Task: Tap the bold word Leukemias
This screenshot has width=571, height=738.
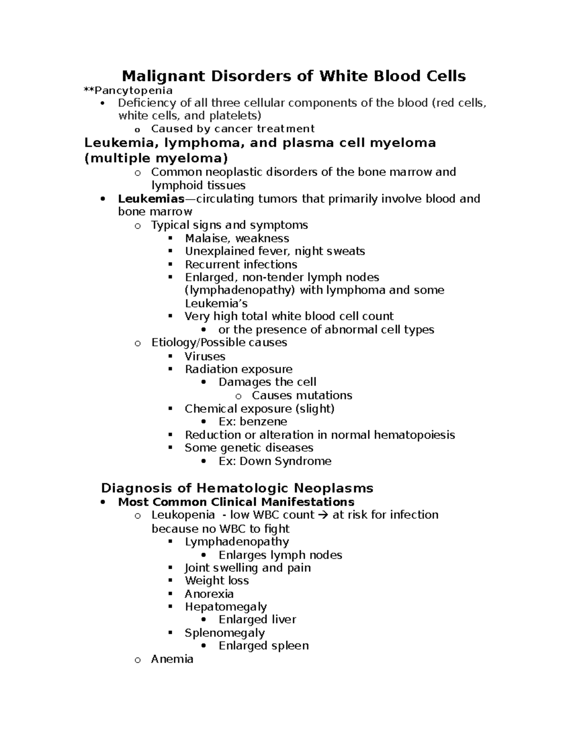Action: click(151, 199)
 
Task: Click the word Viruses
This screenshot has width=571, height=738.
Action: click(205, 356)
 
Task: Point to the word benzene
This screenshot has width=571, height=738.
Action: click(263, 422)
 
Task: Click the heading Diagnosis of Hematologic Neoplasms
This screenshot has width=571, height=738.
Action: click(237, 488)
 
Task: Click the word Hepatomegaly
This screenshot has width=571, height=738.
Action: click(226, 607)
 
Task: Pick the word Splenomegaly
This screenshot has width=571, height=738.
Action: click(225, 633)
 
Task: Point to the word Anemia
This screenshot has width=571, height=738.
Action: click(172, 659)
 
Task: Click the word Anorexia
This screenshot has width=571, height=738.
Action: click(209, 594)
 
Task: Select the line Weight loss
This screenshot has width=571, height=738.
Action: click(217, 581)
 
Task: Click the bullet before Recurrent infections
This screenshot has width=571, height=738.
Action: click(170, 265)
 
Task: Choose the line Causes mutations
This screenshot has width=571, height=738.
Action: click(302, 395)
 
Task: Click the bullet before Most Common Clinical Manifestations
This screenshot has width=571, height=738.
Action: click(103, 502)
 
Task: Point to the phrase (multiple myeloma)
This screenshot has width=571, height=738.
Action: click(156, 158)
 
